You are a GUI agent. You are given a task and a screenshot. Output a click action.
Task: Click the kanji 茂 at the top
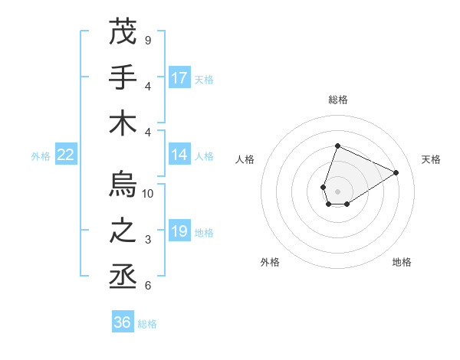coord(123,33)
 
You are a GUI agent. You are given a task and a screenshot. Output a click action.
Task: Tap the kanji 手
coord(123,78)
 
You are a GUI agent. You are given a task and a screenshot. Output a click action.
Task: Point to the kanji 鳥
coord(123,186)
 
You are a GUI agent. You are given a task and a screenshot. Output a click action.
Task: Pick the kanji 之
coord(123,231)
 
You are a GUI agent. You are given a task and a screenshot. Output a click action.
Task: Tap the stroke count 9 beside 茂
coord(148,40)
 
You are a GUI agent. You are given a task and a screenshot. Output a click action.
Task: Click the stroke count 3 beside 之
coord(148,240)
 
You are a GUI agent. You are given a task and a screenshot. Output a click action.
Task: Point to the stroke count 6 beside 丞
coord(148,286)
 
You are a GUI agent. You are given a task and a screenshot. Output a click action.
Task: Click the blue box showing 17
coord(179,78)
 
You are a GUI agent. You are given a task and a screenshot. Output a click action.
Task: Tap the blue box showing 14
coord(179,155)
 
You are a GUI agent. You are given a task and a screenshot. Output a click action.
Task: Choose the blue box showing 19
coord(179,231)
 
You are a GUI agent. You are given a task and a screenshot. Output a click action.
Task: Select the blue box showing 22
coord(65,155)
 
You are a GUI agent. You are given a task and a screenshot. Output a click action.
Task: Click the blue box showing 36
coord(123,322)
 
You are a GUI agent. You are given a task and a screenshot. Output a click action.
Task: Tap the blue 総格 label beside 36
coord(147,324)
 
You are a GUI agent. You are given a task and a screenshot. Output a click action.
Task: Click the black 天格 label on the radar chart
coord(431,159)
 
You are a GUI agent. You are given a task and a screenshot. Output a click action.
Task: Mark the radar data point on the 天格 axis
coord(396,172)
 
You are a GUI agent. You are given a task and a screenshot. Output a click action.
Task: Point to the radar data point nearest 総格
coord(337,146)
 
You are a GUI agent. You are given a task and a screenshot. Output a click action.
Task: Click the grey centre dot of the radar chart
coord(337,190)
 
